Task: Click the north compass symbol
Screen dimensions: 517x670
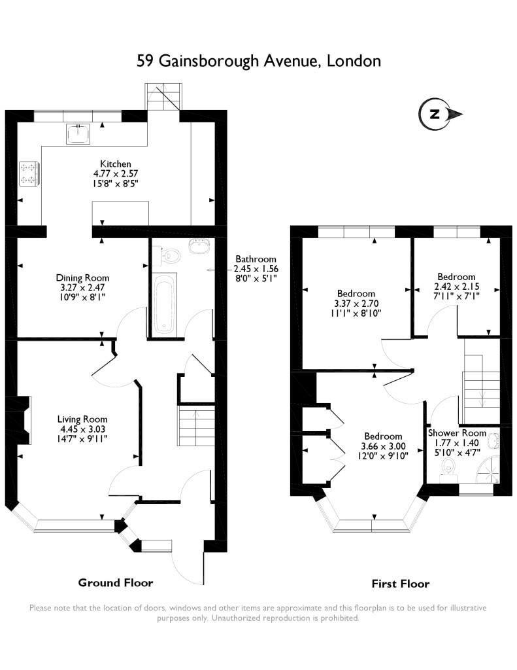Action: [x=440, y=114]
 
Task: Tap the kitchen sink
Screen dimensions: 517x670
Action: [x=78, y=133]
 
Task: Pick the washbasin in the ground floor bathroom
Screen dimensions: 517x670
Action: [x=199, y=246]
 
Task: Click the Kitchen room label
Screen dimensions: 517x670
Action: [x=116, y=164]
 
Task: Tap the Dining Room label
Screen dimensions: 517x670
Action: [x=82, y=277]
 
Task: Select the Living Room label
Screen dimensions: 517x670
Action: [x=82, y=419]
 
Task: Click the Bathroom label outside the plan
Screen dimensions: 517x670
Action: [x=256, y=259]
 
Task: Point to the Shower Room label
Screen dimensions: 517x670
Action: [x=457, y=433]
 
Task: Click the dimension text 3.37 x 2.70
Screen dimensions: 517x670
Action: [x=356, y=304]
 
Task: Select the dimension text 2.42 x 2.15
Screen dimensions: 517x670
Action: [x=456, y=287]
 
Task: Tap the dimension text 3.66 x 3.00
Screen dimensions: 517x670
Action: [x=383, y=446]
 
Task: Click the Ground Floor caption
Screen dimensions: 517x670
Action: [x=115, y=582]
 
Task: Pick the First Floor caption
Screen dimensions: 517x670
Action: [x=401, y=584]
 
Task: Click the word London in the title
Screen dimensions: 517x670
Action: [x=354, y=61]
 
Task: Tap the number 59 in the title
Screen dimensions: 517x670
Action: [x=145, y=61]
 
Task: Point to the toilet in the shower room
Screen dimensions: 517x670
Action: [x=448, y=470]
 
